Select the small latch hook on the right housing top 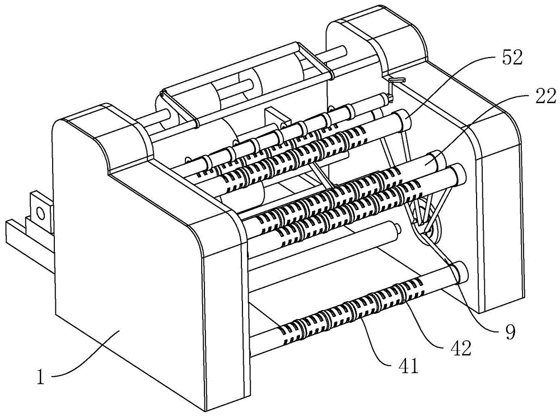396,80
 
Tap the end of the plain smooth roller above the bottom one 396,229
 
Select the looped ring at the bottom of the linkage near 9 433,231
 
